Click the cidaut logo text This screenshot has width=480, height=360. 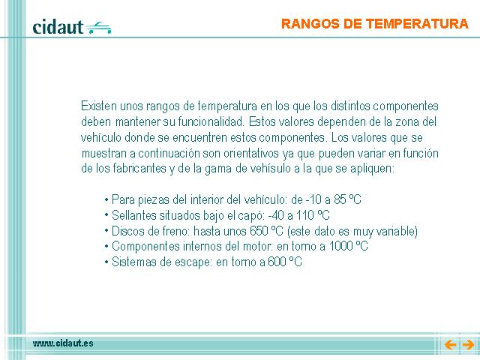58,27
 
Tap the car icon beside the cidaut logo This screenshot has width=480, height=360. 98,28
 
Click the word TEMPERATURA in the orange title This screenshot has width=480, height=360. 417,24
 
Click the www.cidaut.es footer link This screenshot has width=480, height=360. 63,343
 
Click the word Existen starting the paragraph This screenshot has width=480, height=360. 99,106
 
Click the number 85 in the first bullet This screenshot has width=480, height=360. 340,199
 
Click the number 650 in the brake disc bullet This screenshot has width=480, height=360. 259,231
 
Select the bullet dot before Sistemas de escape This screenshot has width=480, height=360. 106,262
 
